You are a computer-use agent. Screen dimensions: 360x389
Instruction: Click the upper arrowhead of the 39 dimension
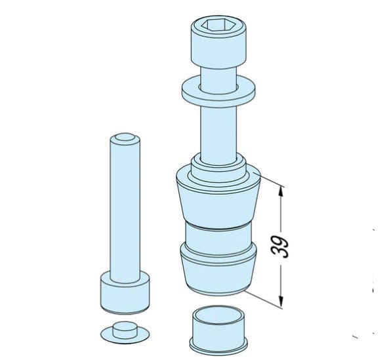point(282,192)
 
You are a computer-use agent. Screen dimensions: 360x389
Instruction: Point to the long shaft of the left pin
point(123,210)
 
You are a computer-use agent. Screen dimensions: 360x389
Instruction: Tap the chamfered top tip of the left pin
point(123,138)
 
